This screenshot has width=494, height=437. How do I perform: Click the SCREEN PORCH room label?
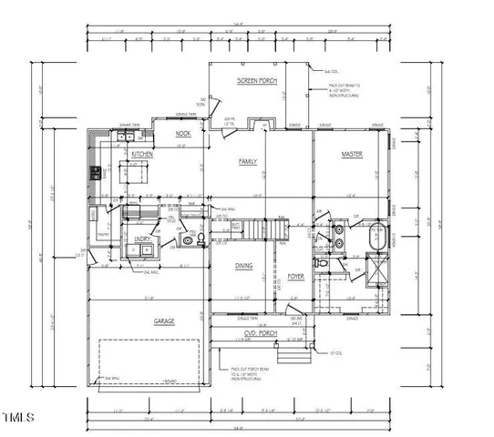pos(257,82)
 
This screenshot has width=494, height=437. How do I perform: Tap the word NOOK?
pos(182,134)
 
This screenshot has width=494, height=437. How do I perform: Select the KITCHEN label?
pos(142,156)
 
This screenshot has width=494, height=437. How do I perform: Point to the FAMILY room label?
pos(248,161)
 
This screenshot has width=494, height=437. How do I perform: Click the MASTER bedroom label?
pos(352,156)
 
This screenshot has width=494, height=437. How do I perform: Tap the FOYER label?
pos(296,276)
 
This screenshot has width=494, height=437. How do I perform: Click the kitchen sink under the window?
pos(122,137)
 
